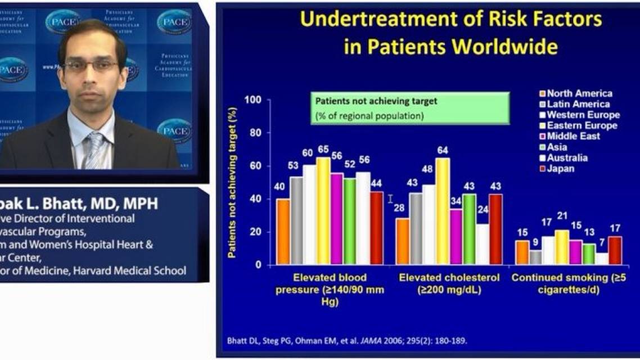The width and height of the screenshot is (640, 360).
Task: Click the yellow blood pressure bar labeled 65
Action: (x=323, y=211)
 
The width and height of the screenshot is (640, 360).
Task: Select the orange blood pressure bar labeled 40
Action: (x=283, y=231)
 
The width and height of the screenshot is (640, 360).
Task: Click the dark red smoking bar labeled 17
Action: (x=615, y=250)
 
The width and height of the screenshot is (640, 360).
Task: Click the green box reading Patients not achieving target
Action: (x=410, y=108)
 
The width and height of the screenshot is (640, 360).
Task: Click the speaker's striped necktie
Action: (x=94, y=151)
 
